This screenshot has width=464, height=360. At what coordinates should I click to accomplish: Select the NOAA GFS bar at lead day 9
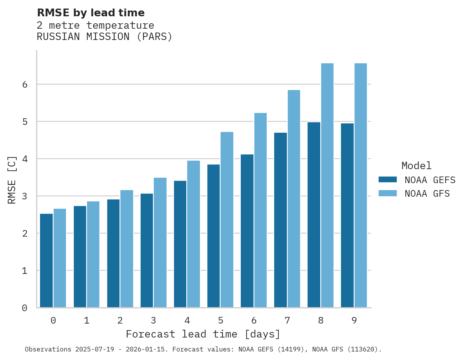point(361,185)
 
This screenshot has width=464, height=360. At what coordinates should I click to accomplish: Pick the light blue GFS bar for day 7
point(294,199)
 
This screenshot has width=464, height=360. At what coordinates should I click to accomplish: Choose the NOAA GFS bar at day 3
point(160,242)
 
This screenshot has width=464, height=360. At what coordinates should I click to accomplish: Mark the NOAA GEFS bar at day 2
point(113,253)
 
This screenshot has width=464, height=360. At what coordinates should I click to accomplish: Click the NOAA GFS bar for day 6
point(261,210)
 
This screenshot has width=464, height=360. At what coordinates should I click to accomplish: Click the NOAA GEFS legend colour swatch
point(388,180)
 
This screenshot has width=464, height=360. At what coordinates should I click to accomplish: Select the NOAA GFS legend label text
point(427,194)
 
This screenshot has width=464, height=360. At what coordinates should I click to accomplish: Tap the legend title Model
point(416,166)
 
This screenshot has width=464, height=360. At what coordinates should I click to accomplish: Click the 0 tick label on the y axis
point(24,308)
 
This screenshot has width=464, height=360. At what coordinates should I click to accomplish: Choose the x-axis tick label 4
point(187,321)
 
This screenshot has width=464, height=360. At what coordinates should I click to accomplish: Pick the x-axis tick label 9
point(354,321)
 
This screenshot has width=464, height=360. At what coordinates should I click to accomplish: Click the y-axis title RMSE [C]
point(12,180)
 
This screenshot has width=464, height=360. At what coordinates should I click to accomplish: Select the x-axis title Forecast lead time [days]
point(203,334)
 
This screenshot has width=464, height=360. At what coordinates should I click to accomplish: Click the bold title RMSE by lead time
point(90,13)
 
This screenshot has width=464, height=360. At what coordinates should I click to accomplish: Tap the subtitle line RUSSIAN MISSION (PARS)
point(104,37)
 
